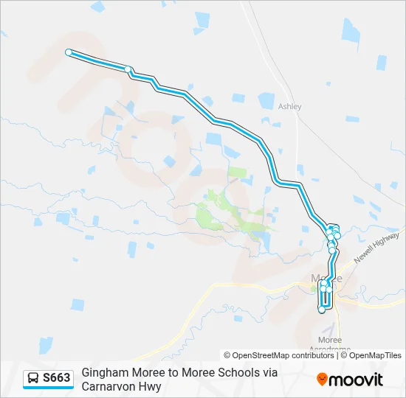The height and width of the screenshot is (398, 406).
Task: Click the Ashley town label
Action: (289, 106)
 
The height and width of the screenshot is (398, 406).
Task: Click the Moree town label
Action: (327, 279)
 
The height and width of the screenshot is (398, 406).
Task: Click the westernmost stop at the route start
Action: (69, 52)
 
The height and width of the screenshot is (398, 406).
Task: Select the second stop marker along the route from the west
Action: (128, 69)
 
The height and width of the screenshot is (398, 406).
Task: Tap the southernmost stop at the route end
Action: (322, 310)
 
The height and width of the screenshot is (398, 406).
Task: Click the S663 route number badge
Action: (57, 378)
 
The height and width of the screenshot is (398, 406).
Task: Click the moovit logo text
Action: (356, 380)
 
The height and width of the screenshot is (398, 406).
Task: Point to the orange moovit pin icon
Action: (322, 380)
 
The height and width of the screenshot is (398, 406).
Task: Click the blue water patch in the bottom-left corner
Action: (45, 345)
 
